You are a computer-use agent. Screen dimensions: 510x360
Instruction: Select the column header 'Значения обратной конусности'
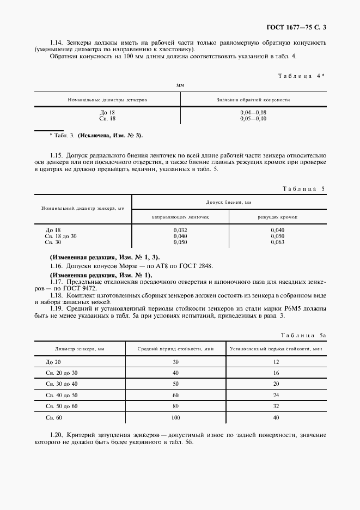pyautogui.click(x=253, y=100)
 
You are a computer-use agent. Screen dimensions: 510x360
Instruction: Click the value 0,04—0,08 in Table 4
pyautogui.click(x=253, y=112)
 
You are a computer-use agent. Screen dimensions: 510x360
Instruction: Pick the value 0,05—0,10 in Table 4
pyautogui.click(x=253, y=118)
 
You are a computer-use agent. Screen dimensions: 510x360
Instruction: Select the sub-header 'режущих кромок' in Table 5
pyautogui.click(x=277, y=217)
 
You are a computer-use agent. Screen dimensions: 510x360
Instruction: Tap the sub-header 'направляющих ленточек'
pyautogui.click(x=180, y=217)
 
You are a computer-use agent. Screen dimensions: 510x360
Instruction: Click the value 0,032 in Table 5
pyautogui.click(x=180, y=230)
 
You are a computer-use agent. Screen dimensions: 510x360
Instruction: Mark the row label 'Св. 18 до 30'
pyautogui.click(x=61, y=236)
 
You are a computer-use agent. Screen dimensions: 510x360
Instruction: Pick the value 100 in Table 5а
pyautogui.click(x=175, y=417)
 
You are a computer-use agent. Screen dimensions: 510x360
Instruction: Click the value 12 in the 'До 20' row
pyautogui.click(x=277, y=362)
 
